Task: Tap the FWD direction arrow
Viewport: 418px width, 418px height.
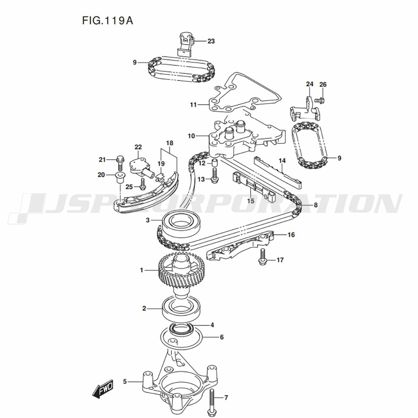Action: click(101, 390)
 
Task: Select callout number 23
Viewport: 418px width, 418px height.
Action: click(211, 41)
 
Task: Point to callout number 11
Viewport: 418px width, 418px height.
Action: click(193, 104)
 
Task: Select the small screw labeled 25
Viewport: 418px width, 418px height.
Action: click(143, 183)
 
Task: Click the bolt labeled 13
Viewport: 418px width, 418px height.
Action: click(215, 175)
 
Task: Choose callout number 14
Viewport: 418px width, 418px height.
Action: click(282, 161)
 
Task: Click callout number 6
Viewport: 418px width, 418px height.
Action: click(222, 337)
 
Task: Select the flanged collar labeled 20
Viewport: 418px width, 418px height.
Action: click(119, 177)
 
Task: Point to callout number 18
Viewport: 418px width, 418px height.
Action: click(169, 143)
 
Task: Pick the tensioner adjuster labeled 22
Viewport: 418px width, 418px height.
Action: click(140, 164)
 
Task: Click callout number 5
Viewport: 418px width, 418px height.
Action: click(125, 381)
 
